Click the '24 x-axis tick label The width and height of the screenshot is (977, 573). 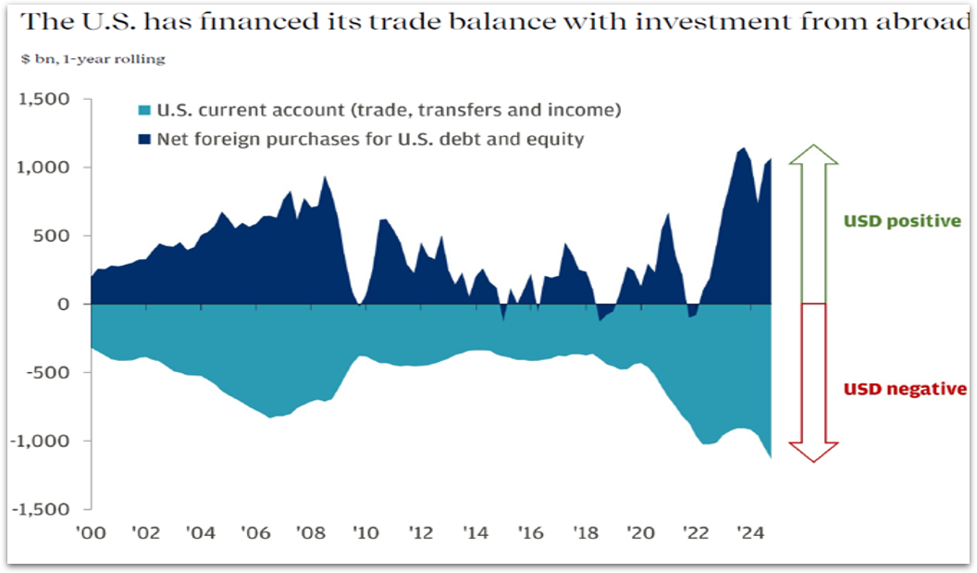pos(748,533)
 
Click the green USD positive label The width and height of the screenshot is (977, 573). pos(901,222)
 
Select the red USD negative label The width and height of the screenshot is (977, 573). pos(905,390)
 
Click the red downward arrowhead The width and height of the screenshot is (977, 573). pos(812,451)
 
